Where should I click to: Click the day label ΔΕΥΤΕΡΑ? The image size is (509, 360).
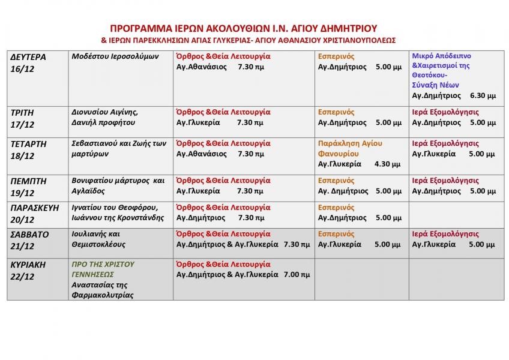28,58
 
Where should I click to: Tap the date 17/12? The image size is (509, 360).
23,125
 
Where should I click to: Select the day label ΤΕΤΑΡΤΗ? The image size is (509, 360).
28,144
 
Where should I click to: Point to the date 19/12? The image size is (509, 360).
23,193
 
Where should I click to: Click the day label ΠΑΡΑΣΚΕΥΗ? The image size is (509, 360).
34,208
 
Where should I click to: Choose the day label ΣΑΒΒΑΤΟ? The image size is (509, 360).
30,235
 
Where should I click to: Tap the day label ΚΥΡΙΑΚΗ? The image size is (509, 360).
28,265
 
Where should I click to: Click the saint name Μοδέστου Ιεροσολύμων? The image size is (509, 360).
115,56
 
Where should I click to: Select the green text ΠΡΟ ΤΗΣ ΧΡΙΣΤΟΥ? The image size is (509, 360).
103,264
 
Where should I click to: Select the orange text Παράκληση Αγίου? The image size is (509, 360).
350,143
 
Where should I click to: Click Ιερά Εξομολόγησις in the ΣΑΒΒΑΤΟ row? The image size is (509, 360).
445,234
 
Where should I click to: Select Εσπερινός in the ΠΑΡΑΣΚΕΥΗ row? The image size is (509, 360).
336,208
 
